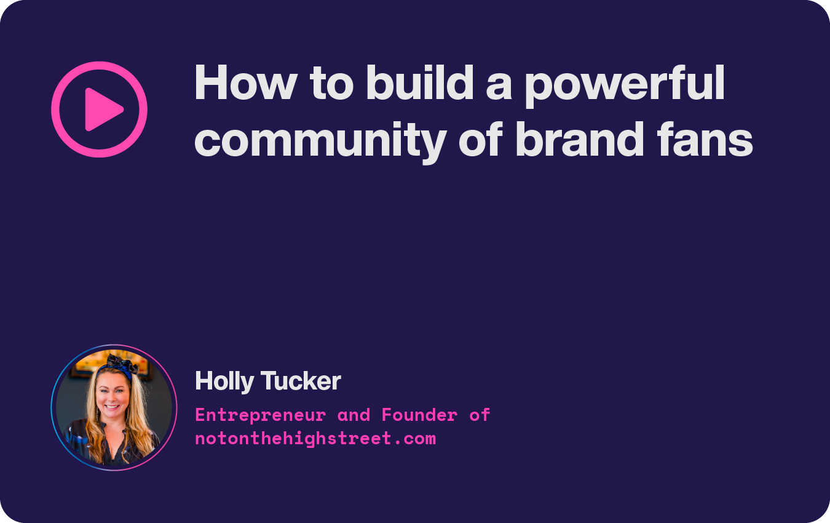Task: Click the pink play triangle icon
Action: [x=103, y=110]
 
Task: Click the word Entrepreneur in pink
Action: [x=260, y=415]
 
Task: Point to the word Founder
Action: [x=419, y=415]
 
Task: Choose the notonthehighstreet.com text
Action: [x=315, y=439]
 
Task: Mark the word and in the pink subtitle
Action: [x=354, y=415]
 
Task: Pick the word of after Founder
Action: [x=480, y=415]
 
